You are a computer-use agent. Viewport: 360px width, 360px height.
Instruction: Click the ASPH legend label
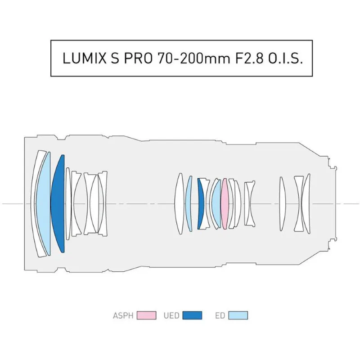123,315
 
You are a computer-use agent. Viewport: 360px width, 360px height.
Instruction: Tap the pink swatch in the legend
146,315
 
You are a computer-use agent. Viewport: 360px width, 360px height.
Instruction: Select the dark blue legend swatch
192,315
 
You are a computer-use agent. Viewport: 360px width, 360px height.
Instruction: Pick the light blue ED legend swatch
238,315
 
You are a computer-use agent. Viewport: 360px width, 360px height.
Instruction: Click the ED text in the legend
220,315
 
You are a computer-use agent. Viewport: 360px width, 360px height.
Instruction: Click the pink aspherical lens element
225,204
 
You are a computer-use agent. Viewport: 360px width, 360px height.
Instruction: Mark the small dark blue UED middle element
201,204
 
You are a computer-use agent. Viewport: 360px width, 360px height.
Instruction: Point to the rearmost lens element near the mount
307,203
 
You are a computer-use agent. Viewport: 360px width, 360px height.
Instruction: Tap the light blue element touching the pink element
216,204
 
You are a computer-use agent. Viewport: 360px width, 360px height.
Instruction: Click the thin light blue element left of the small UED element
189,204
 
